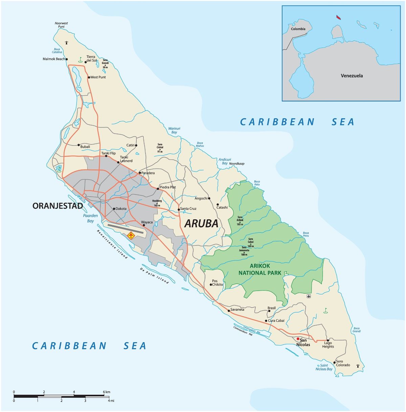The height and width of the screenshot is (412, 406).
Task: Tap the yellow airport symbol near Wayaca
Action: click(x=131, y=235)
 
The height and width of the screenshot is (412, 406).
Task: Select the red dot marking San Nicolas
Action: click(x=298, y=339)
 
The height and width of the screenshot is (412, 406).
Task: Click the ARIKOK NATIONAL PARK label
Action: click(x=260, y=269)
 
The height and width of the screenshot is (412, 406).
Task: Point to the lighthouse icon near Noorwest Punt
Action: click(x=67, y=43)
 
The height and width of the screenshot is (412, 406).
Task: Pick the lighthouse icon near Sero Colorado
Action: click(x=358, y=366)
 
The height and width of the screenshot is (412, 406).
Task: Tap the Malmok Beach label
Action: click(x=54, y=59)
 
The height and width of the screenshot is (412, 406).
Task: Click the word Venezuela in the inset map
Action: click(x=352, y=76)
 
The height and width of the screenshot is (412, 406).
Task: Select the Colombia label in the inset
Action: click(x=298, y=29)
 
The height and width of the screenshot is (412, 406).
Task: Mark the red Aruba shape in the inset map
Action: click(x=338, y=17)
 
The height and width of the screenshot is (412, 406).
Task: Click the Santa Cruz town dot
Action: click(x=179, y=210)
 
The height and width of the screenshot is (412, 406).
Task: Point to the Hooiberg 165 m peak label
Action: click(x=157, y=203)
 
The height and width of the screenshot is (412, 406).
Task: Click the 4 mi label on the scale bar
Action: click(x=111, y=401)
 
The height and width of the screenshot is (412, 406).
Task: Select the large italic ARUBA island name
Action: click(x=201, y=223)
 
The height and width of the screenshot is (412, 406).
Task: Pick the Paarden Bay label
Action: click(x=90, y=218)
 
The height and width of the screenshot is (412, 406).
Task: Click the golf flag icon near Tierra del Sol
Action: click(x=80, y=59)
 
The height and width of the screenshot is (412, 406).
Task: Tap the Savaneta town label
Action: click(x=237, y=310)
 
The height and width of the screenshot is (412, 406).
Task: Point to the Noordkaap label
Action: click(x=236, y=163)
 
